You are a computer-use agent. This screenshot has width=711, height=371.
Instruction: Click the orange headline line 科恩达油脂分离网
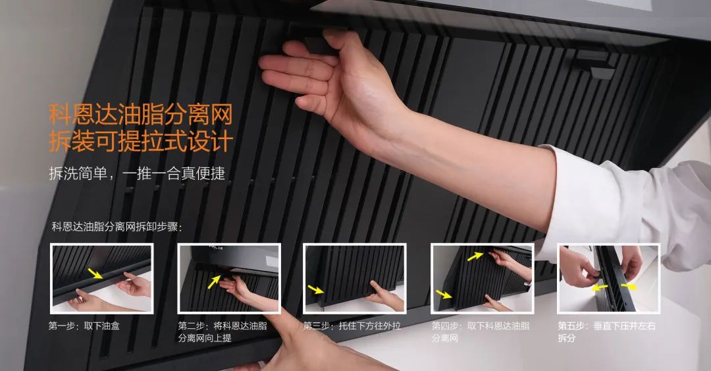[141, 115]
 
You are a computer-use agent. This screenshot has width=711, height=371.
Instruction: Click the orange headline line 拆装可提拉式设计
[141, 141]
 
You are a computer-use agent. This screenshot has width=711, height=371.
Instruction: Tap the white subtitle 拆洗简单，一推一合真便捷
[137, 173]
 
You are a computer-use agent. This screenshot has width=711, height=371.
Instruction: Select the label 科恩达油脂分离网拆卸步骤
[117, 227]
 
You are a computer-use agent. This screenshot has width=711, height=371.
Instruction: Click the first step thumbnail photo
[101, 278]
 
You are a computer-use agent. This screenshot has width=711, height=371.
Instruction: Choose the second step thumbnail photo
[229, 278]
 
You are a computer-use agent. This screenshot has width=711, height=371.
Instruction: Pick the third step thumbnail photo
[355, 278]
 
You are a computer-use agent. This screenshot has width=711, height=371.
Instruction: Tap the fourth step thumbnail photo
[482, 278]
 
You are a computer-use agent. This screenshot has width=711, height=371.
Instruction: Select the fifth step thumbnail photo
[608, 278]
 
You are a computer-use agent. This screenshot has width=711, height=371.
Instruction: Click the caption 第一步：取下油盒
[84, 326]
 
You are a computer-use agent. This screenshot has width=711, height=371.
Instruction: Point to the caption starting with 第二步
[223, 332]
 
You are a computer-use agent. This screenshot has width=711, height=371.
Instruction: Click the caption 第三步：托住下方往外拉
[352, 326]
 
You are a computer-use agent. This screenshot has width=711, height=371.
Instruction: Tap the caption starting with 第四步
[480, 332]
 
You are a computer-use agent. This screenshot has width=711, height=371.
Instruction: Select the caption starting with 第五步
[607, 332]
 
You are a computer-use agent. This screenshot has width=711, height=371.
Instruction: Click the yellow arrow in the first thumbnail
[95, 273]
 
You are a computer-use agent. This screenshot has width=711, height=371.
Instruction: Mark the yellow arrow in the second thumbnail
[214, 281]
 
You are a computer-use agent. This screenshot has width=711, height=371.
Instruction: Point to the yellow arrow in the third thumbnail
[315, 289]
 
